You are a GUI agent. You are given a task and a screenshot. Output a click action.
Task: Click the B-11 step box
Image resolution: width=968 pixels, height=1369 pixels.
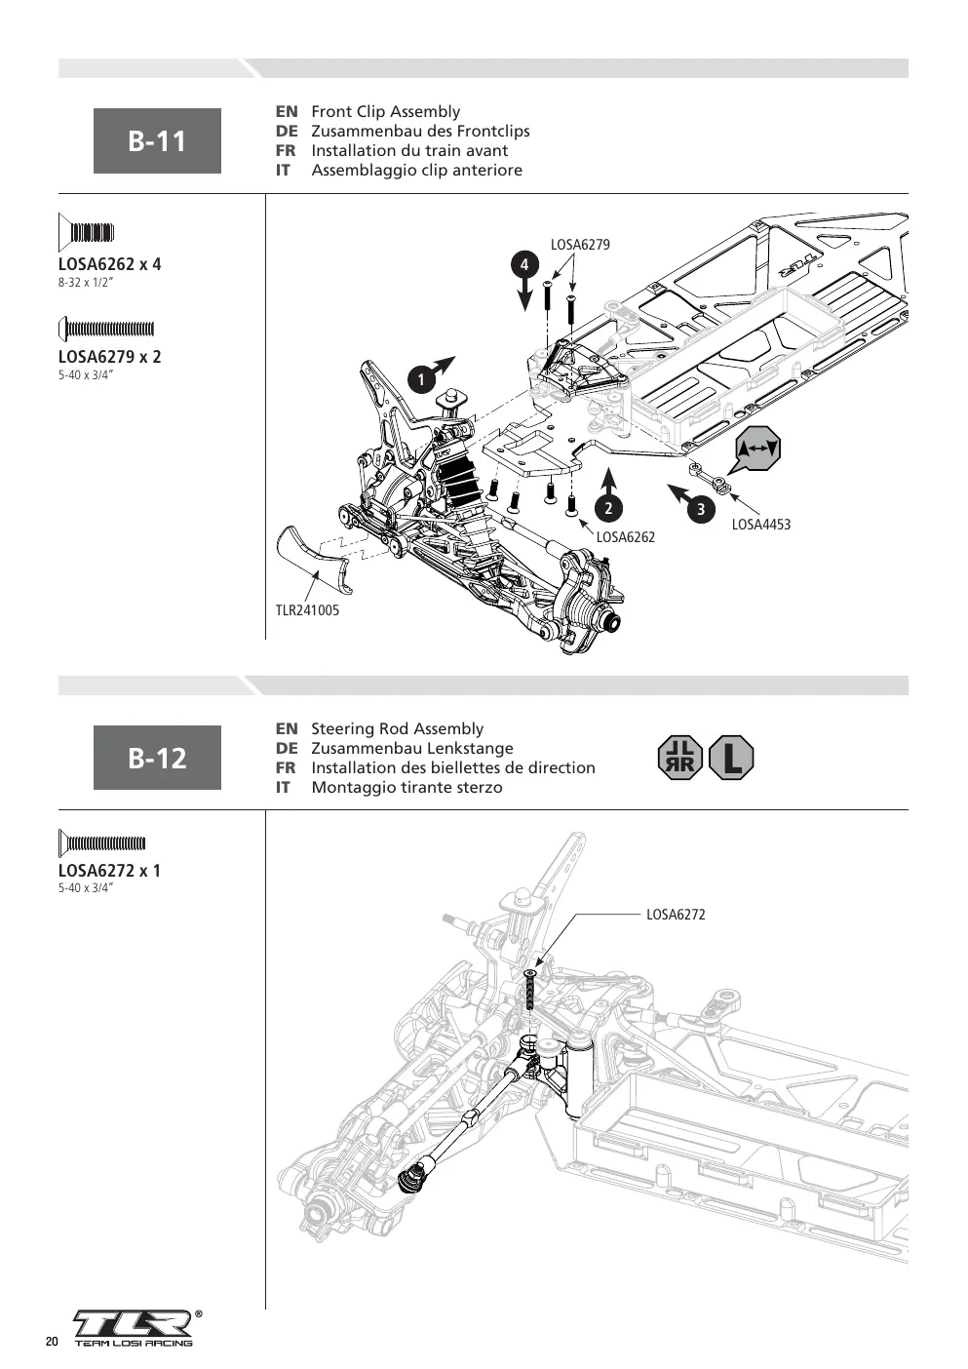tap(157, 140)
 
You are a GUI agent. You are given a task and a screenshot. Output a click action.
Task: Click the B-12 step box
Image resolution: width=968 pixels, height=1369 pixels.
tap(157, 758)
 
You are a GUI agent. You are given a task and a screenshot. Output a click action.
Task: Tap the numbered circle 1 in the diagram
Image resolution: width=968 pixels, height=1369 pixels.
tap(421, 380)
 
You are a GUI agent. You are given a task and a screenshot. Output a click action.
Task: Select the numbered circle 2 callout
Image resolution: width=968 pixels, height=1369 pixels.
tap(608, 508)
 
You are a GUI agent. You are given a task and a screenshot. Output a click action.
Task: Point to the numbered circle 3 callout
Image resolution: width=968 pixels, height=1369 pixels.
tap(701, 508)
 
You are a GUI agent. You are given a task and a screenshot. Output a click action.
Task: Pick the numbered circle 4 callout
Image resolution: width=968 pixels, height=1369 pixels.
tap(523, 264)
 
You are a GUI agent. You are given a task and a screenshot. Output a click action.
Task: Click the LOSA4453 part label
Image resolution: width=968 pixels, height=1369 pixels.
tap(760, 525)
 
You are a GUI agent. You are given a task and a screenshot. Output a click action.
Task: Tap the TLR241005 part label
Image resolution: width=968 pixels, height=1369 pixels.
tap(307, 610)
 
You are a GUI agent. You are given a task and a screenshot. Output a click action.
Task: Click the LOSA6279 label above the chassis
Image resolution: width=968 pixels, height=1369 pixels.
tap(580, 245)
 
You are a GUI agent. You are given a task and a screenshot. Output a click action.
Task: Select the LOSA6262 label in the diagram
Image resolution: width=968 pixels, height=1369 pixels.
tap(625, 537)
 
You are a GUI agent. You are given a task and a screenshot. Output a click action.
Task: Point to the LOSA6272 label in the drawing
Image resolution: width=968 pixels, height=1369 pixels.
tap(676, 915)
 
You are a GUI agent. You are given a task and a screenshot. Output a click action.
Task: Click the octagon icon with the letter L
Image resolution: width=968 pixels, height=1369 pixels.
tap(731, 758)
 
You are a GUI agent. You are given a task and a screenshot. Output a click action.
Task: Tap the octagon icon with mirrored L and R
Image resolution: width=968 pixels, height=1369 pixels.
tap(680, 758)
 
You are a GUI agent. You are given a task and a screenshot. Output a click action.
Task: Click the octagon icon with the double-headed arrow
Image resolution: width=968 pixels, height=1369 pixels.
tap(758, 449)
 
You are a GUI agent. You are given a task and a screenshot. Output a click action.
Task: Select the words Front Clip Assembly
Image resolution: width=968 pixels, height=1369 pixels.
tap(386, 112)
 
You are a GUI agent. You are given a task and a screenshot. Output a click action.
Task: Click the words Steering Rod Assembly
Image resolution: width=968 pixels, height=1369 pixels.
tap(397, 728)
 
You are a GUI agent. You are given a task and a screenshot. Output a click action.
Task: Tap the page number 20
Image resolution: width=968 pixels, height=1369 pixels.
tap(52, 1342)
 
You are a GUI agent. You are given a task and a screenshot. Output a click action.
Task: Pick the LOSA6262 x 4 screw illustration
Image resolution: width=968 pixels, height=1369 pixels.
tap(86, 232)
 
